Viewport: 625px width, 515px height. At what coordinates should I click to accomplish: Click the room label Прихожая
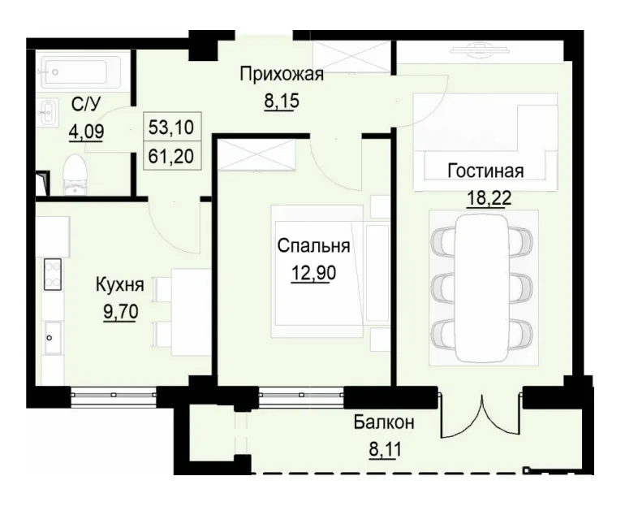point(282,76)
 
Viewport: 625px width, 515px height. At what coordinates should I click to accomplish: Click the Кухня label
point(120,285)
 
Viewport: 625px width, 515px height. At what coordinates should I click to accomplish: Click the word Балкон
point(385,422)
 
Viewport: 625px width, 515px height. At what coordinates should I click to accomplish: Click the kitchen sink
point(51,332)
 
